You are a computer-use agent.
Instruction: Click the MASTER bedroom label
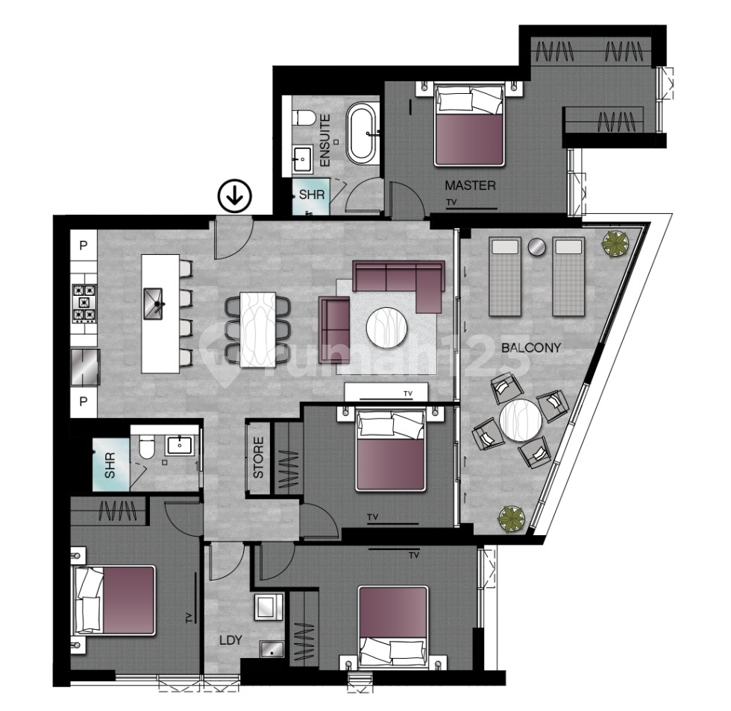tap(470, 186)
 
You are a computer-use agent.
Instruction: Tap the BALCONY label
tap(531, 347)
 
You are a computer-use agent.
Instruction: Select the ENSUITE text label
tap(325, 141)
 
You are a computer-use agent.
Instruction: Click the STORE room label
tap(259, 461)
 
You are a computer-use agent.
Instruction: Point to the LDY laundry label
tap(230, 640)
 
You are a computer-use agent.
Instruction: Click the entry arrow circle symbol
tap(234, 197)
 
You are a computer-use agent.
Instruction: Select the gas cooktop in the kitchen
tap(84, 303)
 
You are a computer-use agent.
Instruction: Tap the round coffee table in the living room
tap(386, 327)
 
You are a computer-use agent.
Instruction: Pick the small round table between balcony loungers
tap(536, 247)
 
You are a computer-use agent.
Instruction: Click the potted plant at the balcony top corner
tap(616, 242)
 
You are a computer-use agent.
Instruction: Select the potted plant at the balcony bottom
tap(511, 516)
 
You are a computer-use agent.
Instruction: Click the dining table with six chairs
tap(257, 329)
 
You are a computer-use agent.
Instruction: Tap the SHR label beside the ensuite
tap(311, 195)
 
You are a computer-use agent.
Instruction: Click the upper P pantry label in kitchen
tap(84, 245)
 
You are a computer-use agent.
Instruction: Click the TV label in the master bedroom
tap(450, 203)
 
